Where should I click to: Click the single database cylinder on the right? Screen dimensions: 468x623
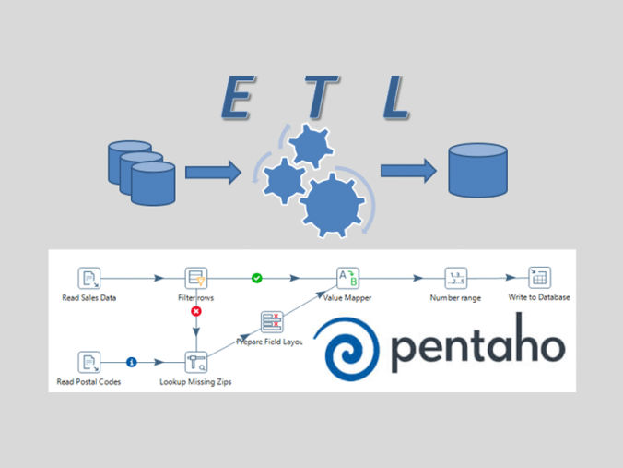(x=476, y=169)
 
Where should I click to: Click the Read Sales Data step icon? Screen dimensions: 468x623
(x=89, y=277)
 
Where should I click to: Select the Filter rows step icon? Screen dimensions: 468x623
(x=195, y=277)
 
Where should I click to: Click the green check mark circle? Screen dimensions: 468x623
(x=257, y=277)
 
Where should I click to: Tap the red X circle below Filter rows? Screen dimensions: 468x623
(x=195, y=312)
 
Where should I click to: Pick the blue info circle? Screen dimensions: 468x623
(x=131, y=362)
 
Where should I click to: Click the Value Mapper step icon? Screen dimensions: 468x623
(x=347, y=277)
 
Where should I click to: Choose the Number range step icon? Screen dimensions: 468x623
(x=456, y=277)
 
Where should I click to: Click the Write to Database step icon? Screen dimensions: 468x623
(x=539, y=277)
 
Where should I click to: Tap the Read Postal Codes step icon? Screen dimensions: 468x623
(x=89, y=362)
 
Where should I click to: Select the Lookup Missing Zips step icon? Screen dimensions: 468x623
(x=195, y=362)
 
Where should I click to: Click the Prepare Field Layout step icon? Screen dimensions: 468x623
(x=272, y=322)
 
